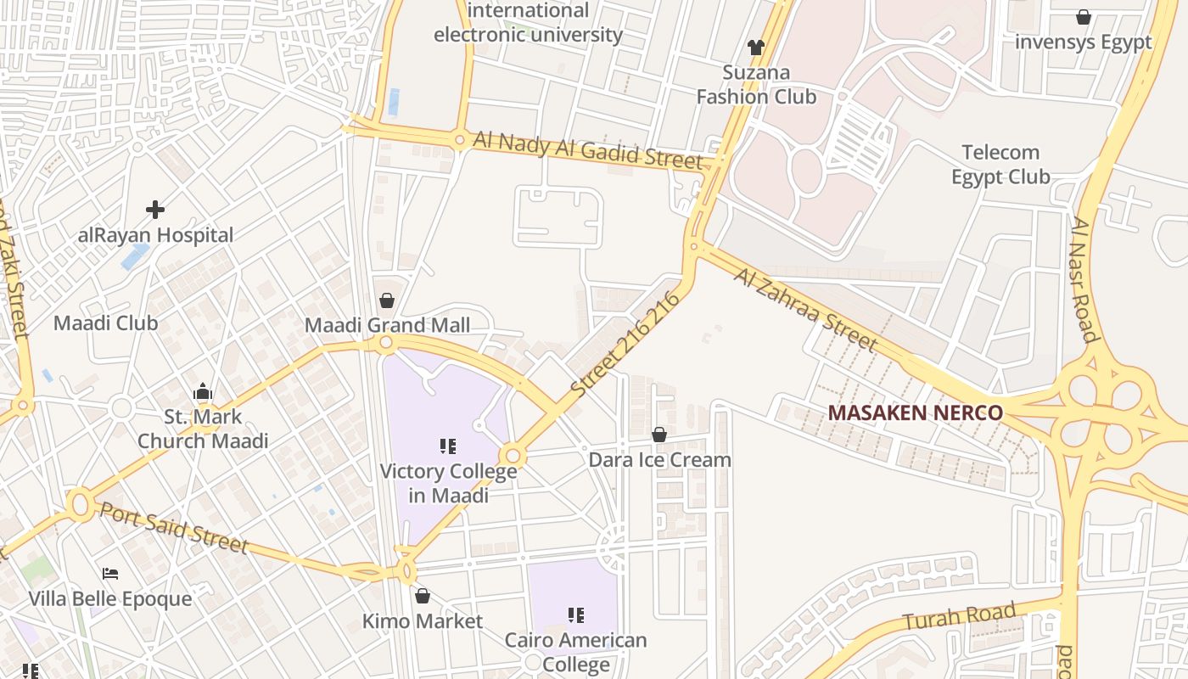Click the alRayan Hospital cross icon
click(x=154, y=209)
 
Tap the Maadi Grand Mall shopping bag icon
click(x=387, y=300)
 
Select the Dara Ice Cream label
click(x=660, y=460)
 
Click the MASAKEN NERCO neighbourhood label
click(x=915, y=412)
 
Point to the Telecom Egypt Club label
click(x=1000, y=165)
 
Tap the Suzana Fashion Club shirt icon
click(x=755, y=48)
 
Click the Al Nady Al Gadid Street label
click(x=587, y=150)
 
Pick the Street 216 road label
click(x=626, y=345)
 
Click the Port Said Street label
click(x=174, y=527)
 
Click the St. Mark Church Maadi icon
click(x=202, y=392)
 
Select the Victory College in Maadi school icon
click(x=448, y=446)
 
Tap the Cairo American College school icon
click(x=575, y=615)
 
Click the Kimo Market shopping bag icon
click(x=422, y=596)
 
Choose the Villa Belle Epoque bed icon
click(x=109, y=574)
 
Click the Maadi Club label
click(x=105, y=323)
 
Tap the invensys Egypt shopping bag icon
click(x=1083, y=17)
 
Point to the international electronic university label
click(x=528, y=23)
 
